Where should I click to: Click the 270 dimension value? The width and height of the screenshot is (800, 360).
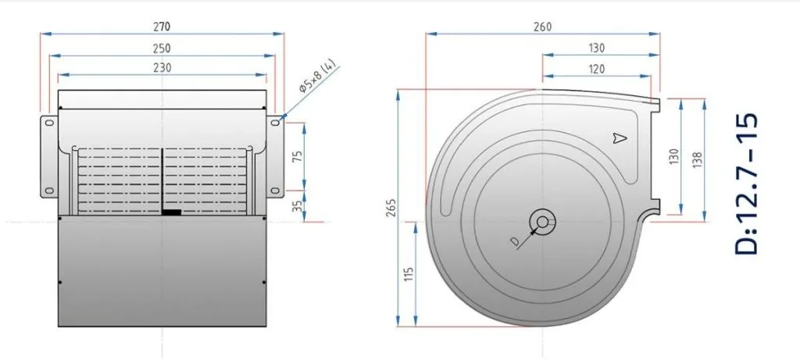pyautogui.click(x=162, y=26)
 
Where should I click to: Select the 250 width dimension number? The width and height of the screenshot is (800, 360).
pyautogui.click(x=162, y=48)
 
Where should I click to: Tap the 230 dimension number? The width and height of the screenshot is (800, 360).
pyautogui.click(x=162, y=67)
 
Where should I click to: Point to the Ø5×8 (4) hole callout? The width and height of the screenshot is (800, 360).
pyautogui.click(x=317, y=77)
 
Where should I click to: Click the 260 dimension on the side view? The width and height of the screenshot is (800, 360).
pyautogui.click(x=542, y=27)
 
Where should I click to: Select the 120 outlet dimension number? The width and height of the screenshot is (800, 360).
pyautogui.click(x=596, y=69)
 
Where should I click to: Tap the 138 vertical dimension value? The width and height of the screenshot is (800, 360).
pyautogui.click(x=698, y=156)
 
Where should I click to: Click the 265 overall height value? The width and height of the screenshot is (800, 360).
pyautogui.click(x=392, y=207)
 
